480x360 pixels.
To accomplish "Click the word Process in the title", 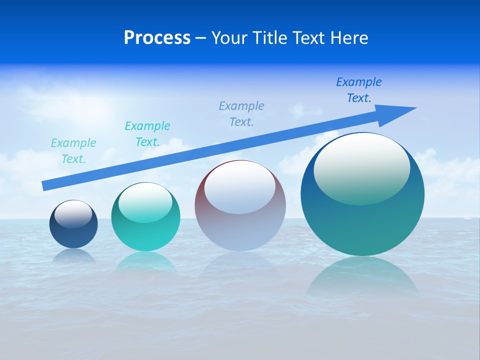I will click(157, 38).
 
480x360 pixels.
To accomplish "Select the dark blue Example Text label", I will click(359, 90).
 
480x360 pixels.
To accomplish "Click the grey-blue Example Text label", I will click(241, 113).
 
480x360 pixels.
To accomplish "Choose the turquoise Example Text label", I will click(147, 134).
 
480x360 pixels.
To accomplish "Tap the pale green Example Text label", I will click(73, 151).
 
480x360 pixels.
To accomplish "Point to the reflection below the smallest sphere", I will click(73, 255).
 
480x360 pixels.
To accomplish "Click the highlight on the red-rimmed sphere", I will click(240, 187).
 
